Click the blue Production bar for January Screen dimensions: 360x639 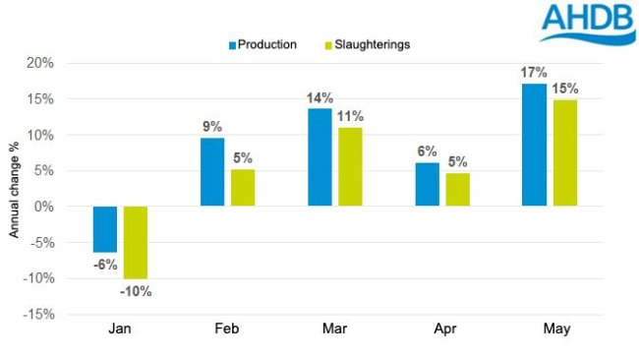105,229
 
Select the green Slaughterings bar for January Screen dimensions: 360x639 136,242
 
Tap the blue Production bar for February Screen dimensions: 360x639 212,172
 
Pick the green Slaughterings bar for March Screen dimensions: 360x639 349,167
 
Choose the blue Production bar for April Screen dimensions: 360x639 427,184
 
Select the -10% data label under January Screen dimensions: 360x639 137,290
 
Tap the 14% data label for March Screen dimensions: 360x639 320,97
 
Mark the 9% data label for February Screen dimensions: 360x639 213,127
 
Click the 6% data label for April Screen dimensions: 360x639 428,151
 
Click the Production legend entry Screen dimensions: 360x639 261,44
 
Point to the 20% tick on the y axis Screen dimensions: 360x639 40,63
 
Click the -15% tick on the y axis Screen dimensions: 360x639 38,315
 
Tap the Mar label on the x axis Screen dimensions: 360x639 334,330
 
